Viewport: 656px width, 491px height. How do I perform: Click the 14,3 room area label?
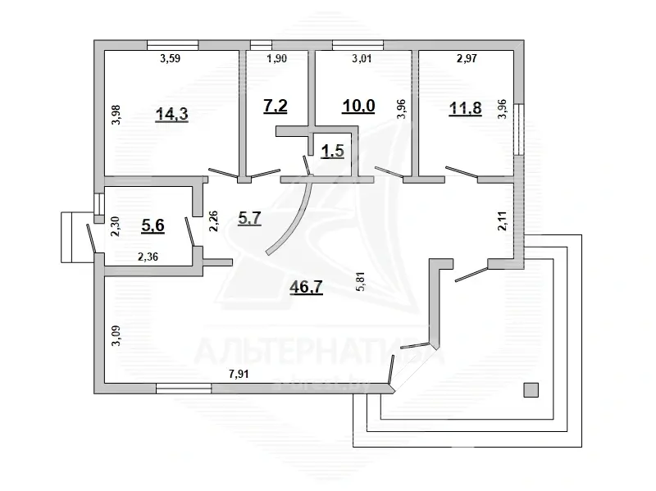[172, 114]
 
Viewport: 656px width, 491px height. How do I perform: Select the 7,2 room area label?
[274, 107]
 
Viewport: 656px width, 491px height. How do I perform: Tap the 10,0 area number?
[357, 106]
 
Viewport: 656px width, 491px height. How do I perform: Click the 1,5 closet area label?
[331, 150]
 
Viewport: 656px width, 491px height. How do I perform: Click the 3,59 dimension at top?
[169, 59]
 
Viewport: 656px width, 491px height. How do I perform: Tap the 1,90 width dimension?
[276, 59]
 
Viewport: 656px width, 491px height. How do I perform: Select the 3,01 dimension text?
[362, 59]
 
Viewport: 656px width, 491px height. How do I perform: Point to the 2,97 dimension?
[467, 59]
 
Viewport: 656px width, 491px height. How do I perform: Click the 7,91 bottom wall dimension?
[239, 375]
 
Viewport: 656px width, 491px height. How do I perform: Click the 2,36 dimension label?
[148, 257]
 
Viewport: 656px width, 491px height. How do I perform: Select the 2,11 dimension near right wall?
[501, 222]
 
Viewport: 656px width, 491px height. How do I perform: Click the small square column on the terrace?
[531, 390]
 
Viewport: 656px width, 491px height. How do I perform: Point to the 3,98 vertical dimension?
[116, 113]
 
